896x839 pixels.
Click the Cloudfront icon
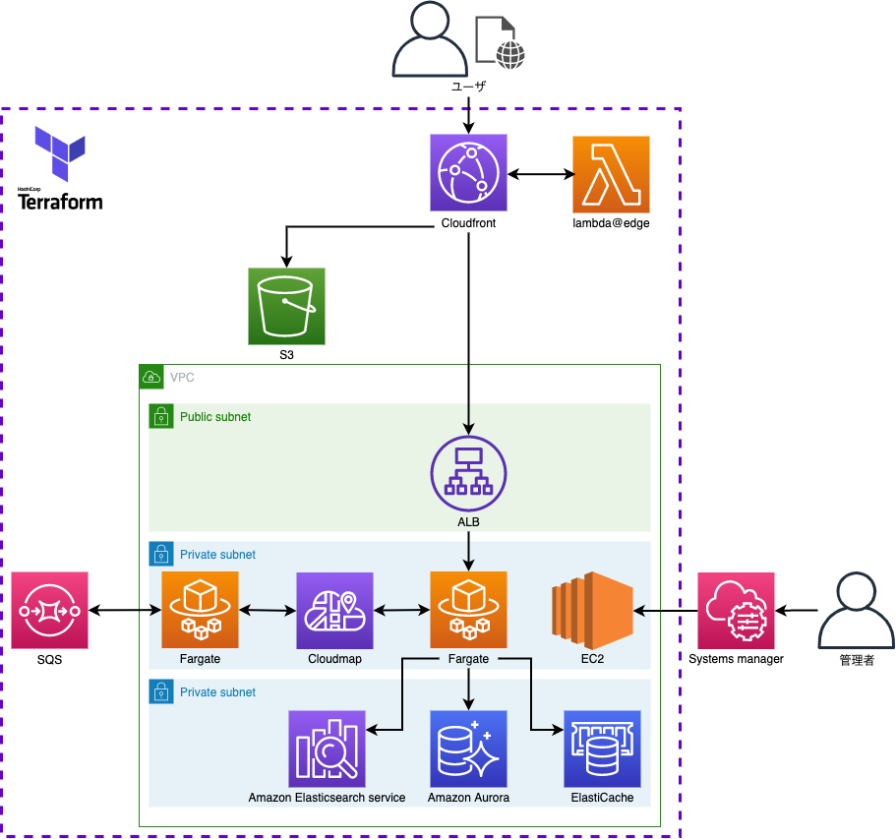pos(468,173)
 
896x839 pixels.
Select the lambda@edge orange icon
pos(611,173)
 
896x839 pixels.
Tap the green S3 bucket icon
pos(286,306)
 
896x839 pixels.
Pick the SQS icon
pos(50,610)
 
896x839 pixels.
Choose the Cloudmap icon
pos(334,610)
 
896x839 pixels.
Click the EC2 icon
pos(591,610)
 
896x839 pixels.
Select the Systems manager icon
pos(737,610)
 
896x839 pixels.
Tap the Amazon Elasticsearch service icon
pos(327,749)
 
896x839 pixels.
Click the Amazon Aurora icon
pos(468,749)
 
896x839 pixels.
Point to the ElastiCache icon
pos(602,749)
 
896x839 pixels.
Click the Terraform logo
pos(60,168)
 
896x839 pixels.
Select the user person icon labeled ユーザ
pos(428,42)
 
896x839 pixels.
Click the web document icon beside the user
pos(500,42)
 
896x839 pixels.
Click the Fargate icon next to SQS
pos(200,610)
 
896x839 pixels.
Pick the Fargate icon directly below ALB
pos(468,610)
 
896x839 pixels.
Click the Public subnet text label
pos(215,417)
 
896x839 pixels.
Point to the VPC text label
pos(182,378)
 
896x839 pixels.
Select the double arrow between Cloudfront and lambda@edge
pos(540,175)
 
